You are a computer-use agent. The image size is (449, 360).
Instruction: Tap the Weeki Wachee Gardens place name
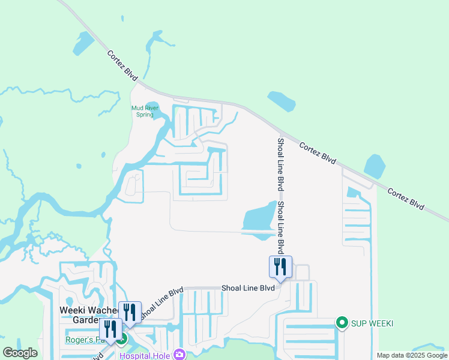coord(77,314)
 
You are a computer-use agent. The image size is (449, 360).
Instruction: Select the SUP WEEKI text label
coord(372,323)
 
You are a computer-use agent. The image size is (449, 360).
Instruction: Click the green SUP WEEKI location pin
coord(342,323)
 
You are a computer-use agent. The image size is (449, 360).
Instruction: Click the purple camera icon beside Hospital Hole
coord(179,355)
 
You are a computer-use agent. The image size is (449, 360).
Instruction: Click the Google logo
coord(20,353)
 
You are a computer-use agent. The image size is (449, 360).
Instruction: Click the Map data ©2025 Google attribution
coord(411,355)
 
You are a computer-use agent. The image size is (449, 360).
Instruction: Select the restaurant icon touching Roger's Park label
coord(110,329)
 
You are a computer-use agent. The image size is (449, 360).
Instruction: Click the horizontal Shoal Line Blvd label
coord(248,288)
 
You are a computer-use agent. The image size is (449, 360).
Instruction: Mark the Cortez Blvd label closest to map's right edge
coord(406,200)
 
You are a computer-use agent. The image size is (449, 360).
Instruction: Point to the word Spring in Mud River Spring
coord(145,115)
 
